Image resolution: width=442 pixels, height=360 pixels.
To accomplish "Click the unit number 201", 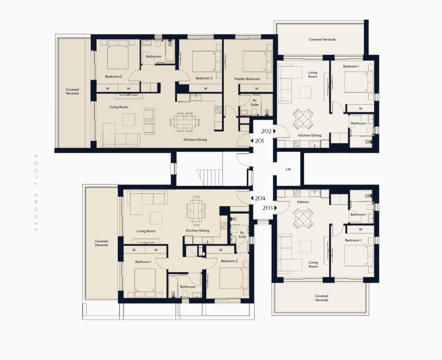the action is click(x=259, y=141).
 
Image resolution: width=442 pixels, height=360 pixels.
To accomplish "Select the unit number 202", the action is click(x=266, y=131).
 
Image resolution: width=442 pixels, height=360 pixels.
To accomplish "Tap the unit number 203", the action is click(x=267, y=208).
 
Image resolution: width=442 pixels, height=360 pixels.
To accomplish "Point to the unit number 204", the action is click(x=260, y=198).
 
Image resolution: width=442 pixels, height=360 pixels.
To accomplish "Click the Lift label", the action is click(x=289, y=169).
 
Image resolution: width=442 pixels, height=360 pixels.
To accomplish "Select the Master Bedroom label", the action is click(x=247, y=79).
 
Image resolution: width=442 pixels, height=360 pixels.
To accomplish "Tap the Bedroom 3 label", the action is click(x=204, y=78).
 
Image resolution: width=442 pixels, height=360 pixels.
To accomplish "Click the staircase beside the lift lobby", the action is click(x=210, y=177).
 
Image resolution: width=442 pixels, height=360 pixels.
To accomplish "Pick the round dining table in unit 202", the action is click(x=303, y=118).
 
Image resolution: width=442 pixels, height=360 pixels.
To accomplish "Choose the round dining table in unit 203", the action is click(x=303, y=218).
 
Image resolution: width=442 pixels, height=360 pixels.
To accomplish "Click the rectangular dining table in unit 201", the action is click(x=185, y=122).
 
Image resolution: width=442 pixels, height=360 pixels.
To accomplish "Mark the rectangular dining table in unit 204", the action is click(x=196, y=211).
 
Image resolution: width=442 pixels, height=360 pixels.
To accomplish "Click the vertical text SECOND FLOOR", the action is click(x=36, y=192).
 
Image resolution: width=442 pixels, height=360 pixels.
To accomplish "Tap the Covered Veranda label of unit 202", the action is click(x=322, y=39).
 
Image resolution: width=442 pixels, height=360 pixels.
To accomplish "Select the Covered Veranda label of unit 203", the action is click(x=321, y=298).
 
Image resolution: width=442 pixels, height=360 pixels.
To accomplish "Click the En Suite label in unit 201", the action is click(x=255, y=102).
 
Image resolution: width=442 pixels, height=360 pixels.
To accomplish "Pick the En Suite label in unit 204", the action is click(x=242, y=235).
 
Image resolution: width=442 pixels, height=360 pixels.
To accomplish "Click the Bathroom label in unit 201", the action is click(x=153, y=56).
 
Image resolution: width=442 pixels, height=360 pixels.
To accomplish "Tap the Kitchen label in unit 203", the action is click(x=303, y=202).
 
